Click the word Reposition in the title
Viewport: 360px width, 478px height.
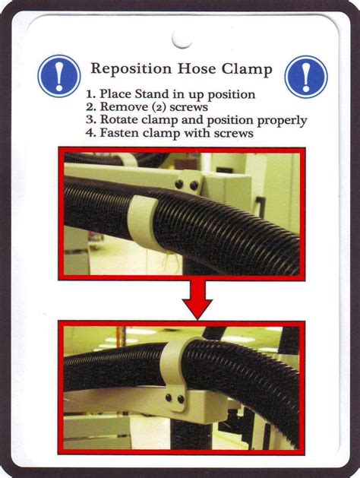131,69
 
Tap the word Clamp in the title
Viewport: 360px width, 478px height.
247,69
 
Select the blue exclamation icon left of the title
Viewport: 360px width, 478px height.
59,76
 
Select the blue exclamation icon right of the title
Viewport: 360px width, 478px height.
306,77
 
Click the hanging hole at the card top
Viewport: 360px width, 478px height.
182,40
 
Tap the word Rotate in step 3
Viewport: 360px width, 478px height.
119,119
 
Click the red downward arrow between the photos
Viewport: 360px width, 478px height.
197,299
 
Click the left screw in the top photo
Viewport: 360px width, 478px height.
179,184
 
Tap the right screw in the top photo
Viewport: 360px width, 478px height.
194,185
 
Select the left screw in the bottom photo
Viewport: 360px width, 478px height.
169,397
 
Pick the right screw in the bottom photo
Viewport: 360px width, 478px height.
181,399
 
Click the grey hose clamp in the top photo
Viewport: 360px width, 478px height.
143,223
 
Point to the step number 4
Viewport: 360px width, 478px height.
90,133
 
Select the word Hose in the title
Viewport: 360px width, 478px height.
197,69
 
